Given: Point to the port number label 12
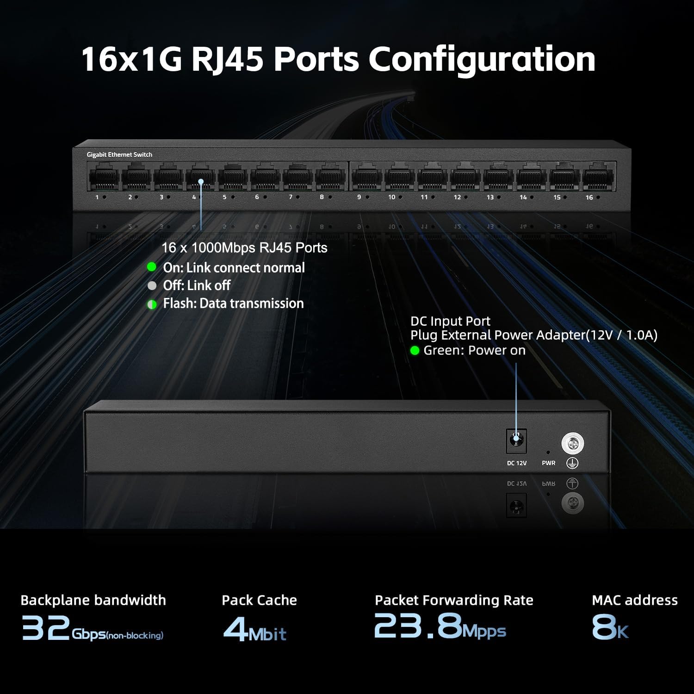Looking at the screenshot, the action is pos(457,198).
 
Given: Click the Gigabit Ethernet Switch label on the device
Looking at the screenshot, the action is pos(119,155).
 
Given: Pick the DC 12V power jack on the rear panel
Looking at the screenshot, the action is pos(516,441).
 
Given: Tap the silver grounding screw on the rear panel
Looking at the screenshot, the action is pos(573,444).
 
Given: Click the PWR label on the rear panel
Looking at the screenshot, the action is pos(549,463).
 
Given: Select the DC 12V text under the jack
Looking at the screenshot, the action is pos(517,463).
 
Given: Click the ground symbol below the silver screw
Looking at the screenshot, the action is pos(572,463).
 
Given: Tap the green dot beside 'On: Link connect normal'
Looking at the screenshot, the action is pos(151,267).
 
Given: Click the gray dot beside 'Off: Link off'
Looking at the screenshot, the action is pos(152,285).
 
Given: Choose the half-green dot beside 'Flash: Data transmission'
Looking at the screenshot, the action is pos(152,304).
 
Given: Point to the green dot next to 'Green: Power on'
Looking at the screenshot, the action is pos(415,351).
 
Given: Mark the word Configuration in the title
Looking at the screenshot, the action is pos(482,59).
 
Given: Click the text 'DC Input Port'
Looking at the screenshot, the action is pos(450,321).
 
